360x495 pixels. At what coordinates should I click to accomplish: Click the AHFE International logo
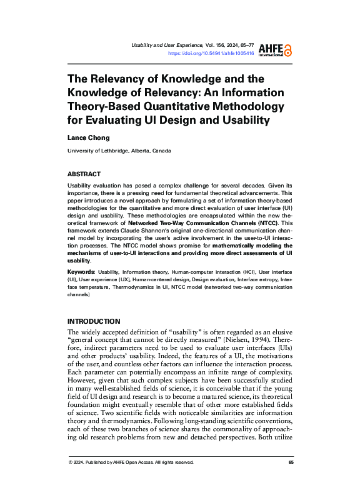(x=276, y=49)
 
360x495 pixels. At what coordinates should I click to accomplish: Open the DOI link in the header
(x=211, y=54)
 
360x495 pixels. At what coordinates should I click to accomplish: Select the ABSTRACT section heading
(x=84, y=174)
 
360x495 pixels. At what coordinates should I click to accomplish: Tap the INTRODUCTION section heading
(x=94, y=321)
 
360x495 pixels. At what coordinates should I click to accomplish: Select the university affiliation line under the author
(x=119, y=151)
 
